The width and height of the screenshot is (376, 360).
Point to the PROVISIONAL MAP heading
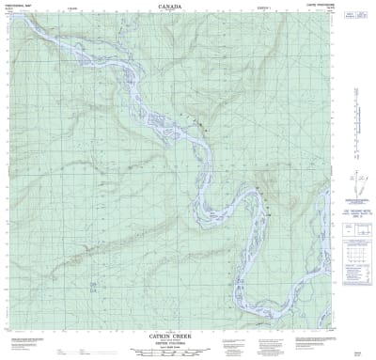coord(20,7)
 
